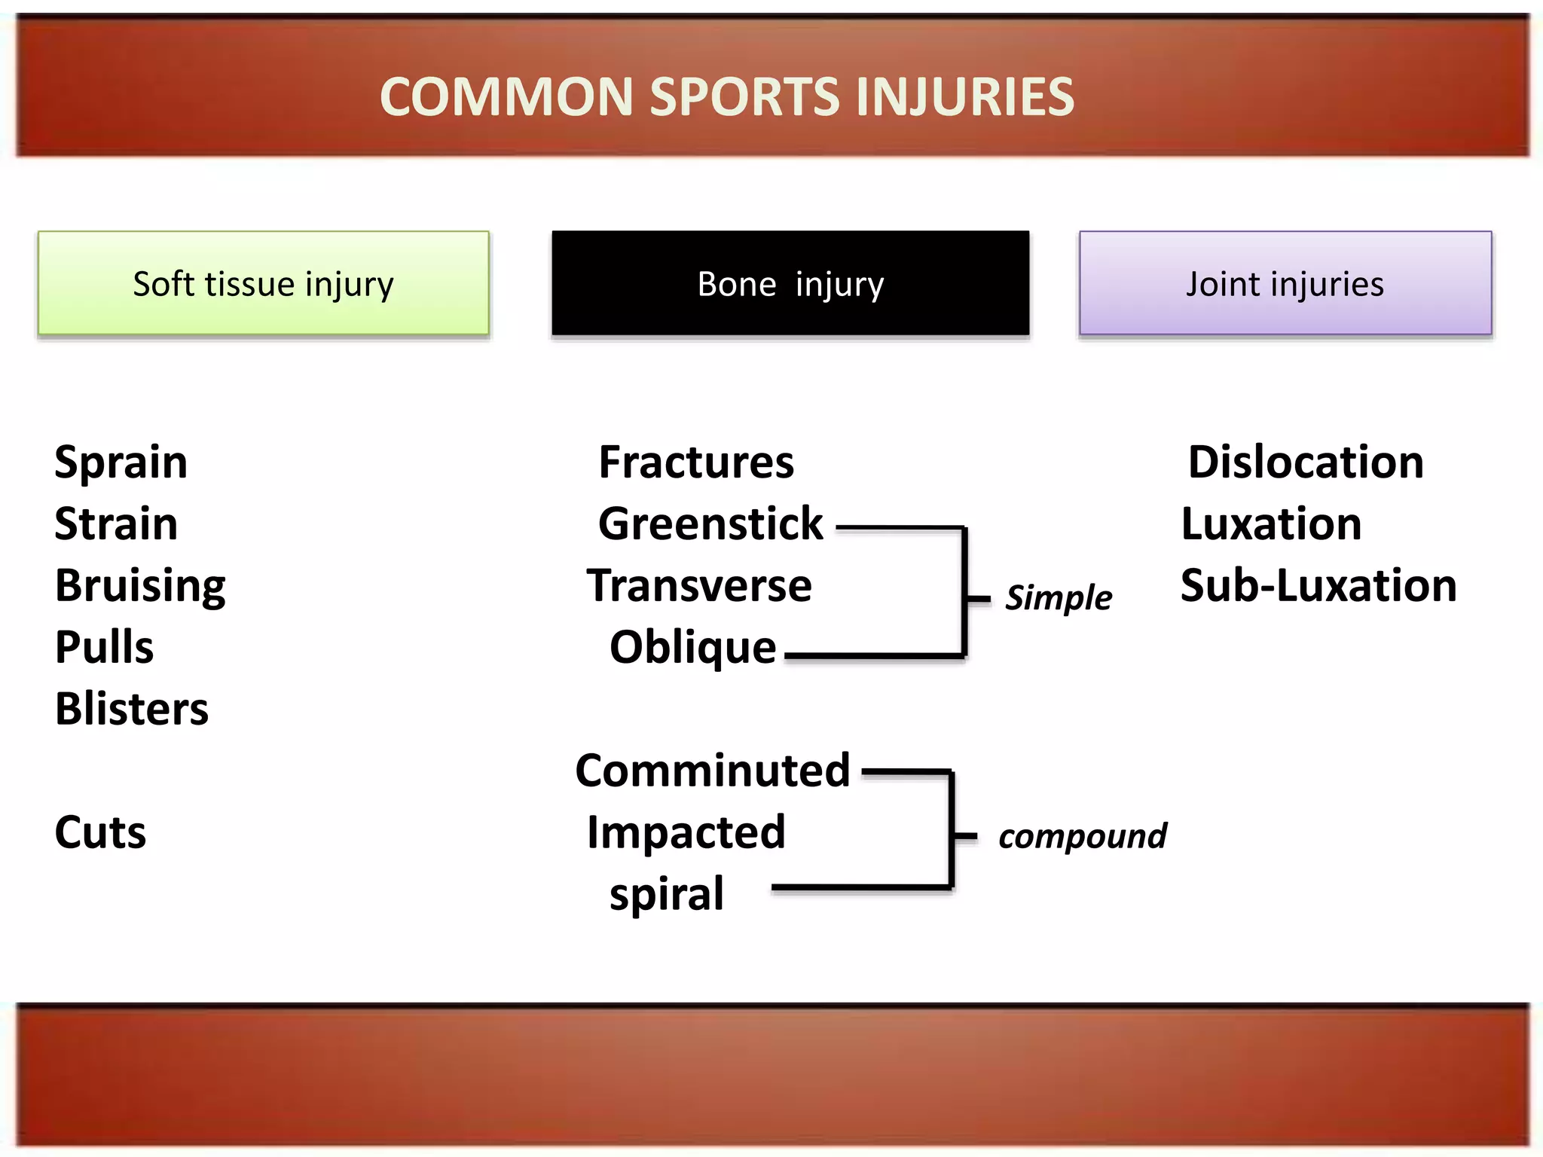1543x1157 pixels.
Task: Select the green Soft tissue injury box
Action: (x=263, y=283)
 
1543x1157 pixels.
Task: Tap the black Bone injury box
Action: (x=790, y=283)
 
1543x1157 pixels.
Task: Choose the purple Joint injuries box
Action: (x=1285, y=283)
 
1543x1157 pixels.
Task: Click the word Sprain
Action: (x=121, y=462)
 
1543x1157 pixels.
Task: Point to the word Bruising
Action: (x=140, y=586)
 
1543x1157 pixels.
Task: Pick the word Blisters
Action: (x=131, y=709)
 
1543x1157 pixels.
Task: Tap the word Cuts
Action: (x=100, y=832)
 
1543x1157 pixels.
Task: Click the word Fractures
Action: (x=696, y=462)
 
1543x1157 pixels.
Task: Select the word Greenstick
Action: (x=710, y=524)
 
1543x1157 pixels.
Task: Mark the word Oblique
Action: (x=692, y=647)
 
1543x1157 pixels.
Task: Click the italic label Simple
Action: (x=1058, y=598)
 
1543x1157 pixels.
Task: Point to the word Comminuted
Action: (x=712, y=771)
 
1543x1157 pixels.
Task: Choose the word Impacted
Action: (x=686, y=832)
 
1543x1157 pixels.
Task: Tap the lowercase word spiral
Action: (x=666, y=894)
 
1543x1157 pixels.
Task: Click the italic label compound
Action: (x=1082, y=836)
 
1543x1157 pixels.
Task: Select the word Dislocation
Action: (x=1305, y=462)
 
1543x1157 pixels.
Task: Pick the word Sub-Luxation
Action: (x=1318, y=585)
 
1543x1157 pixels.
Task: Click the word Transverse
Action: (x=699, y=585)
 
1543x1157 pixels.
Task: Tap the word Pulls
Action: (x=104, y=647)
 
